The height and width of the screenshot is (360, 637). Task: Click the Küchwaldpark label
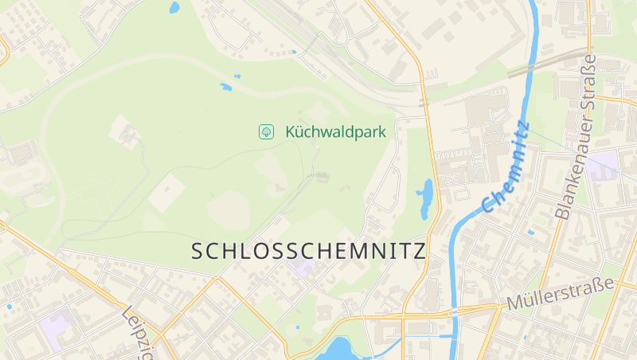click(335, 131)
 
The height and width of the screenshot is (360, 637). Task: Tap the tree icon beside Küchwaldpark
click(265, 131)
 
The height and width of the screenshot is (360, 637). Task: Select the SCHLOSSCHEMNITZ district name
click(309, 250)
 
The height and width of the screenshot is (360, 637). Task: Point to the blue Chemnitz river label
click(506, 167)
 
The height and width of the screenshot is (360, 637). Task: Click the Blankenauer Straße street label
click(576, 137)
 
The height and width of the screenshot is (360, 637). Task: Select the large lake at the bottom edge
click(340, 349)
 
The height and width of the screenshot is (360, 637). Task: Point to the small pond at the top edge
click(174, 8)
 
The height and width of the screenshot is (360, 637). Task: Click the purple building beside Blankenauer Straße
click(606, 165)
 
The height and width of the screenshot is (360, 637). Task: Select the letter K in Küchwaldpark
click(291, 131)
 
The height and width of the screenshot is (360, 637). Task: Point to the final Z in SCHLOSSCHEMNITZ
click(419, 250)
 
